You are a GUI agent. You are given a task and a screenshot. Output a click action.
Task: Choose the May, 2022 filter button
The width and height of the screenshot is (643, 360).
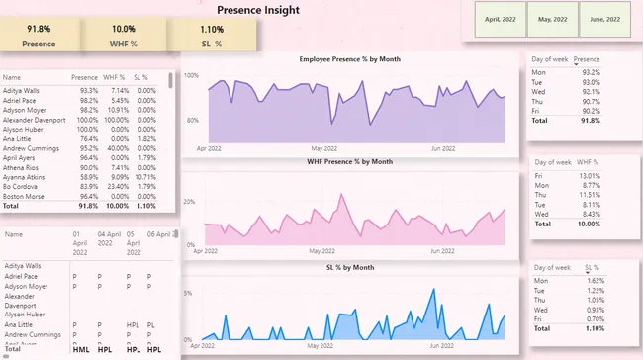[552, 19]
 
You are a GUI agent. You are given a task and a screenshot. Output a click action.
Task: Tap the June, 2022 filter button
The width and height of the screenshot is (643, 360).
[604, 19]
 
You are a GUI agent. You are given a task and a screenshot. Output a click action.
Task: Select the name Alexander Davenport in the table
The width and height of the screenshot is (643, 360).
[34, 120]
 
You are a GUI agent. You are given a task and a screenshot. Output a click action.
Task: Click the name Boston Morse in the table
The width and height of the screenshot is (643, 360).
[26, 196]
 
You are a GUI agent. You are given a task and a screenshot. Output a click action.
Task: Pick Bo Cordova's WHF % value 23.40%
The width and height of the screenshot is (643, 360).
[117, 186]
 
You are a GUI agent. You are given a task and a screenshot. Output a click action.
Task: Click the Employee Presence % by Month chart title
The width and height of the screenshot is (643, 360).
[350, 59]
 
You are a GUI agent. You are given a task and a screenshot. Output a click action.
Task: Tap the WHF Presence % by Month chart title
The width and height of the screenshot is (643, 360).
[350, 162]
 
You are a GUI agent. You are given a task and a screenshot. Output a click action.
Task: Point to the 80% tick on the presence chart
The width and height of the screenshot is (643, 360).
[192, 121]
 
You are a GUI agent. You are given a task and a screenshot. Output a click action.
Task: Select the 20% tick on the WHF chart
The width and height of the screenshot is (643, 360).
[191, 201]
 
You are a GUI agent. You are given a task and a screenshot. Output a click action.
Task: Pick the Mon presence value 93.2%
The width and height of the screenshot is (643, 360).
[591, 72]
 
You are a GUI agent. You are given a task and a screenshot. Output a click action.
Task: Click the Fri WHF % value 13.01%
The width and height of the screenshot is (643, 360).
[587, 175]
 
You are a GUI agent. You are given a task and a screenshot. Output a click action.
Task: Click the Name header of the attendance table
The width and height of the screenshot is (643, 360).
[13, 234]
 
